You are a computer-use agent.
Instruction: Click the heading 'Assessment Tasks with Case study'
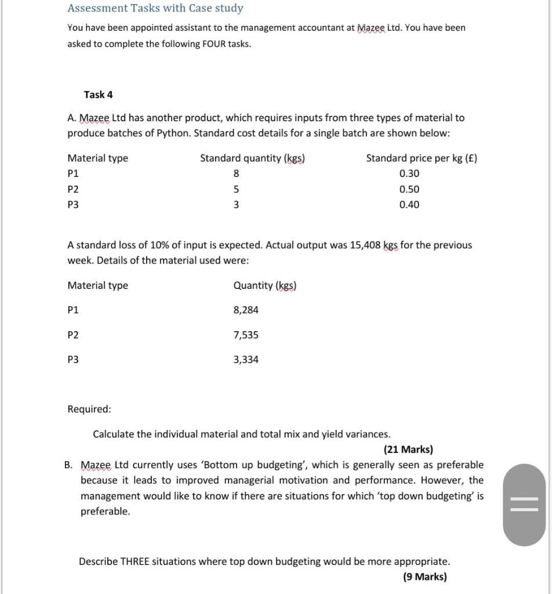tap(155, 8)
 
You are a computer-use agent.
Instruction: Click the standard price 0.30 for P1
tap(409, 173)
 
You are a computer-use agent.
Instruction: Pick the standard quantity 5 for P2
tap(236, 189)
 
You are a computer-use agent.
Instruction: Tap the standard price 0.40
tap(409, 204)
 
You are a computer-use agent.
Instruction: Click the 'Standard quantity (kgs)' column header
tap(253, 158)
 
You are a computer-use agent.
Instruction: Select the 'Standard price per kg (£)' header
tap(422, 158)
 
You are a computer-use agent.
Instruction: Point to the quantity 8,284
tap(246, 310)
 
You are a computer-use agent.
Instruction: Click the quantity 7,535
tap(246, 335)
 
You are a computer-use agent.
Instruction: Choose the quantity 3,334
tap(246, 360)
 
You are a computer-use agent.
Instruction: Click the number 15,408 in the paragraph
tap(365, 245)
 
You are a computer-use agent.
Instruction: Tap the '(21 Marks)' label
tap(408, 450)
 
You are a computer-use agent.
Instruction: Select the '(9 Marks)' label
tap(424, 577)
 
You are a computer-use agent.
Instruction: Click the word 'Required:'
tap(89, 409)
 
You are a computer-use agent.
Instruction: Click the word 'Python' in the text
tap(173, 133)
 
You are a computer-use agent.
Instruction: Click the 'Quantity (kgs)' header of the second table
tap(264, 285)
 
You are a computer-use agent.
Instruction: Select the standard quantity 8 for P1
tap(236, 173)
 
